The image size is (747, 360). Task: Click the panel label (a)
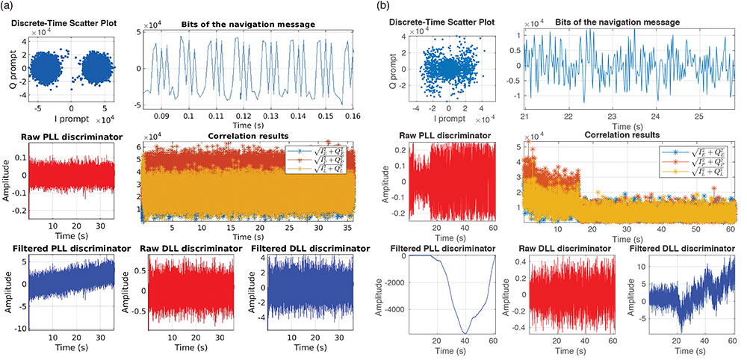coord(9,7)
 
